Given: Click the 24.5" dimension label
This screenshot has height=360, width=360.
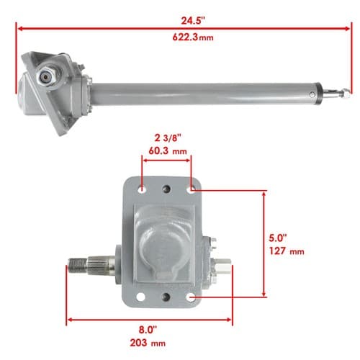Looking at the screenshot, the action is pyautogui.click(x=193, y=21).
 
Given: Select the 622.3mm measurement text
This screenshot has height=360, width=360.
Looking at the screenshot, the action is pyautogui.click(x=193, y=37).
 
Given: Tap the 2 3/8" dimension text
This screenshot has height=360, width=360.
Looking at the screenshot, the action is pyautogui.click(x=168, y=138).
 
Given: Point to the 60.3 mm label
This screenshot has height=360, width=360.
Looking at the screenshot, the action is pyautogui.click(x=168, y=151).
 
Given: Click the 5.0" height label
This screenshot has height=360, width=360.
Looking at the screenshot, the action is pyautogui.click(x=278, y=238).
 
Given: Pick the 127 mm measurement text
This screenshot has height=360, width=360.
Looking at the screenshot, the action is pyautogui.click(x=287, y=251).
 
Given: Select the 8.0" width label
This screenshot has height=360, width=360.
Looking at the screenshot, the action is pyautogui.click(x=148, y=330).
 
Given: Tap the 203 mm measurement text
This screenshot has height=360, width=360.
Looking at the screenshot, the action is pyautogui.click(x=148, y=343).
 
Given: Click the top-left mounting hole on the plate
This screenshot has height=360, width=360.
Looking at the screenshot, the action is pyautogui.click(x=142, y=189).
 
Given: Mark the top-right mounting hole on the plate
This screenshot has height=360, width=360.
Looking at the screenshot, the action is pyautogui.click(x=191, y=190).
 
